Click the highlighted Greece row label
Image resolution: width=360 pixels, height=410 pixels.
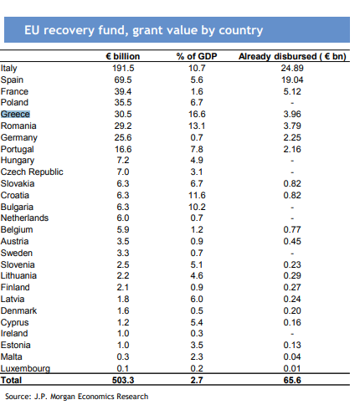click(15, 114)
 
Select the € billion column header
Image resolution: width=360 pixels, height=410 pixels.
click(123, 56)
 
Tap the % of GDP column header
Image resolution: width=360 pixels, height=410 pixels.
click(197, 56)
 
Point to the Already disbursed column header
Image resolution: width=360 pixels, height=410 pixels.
click(292, 56)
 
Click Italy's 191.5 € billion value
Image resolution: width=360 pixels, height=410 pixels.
click(123, 68)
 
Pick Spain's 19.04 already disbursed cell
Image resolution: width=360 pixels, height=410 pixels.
click(292, 79)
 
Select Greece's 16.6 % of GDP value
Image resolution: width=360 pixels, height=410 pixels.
click(197, 114)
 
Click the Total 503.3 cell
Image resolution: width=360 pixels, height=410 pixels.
click(123, 380)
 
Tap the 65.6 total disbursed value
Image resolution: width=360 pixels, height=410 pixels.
click(292, 380)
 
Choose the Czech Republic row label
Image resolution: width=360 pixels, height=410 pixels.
click(32, 172)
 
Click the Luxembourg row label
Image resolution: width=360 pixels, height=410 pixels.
click(25, 368)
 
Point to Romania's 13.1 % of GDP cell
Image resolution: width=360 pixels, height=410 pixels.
click(197, 126)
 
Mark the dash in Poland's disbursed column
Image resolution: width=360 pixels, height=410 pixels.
click(292, 103)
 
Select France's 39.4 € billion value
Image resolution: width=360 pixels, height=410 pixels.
click(123, 91)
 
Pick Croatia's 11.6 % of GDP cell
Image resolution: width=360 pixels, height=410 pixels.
click(197, 195)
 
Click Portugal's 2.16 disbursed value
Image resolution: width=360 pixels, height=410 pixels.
click(292, 149)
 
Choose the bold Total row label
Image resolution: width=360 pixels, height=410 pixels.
click(11, 380)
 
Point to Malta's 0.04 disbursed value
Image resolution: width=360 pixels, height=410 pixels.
click(292, 356)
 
